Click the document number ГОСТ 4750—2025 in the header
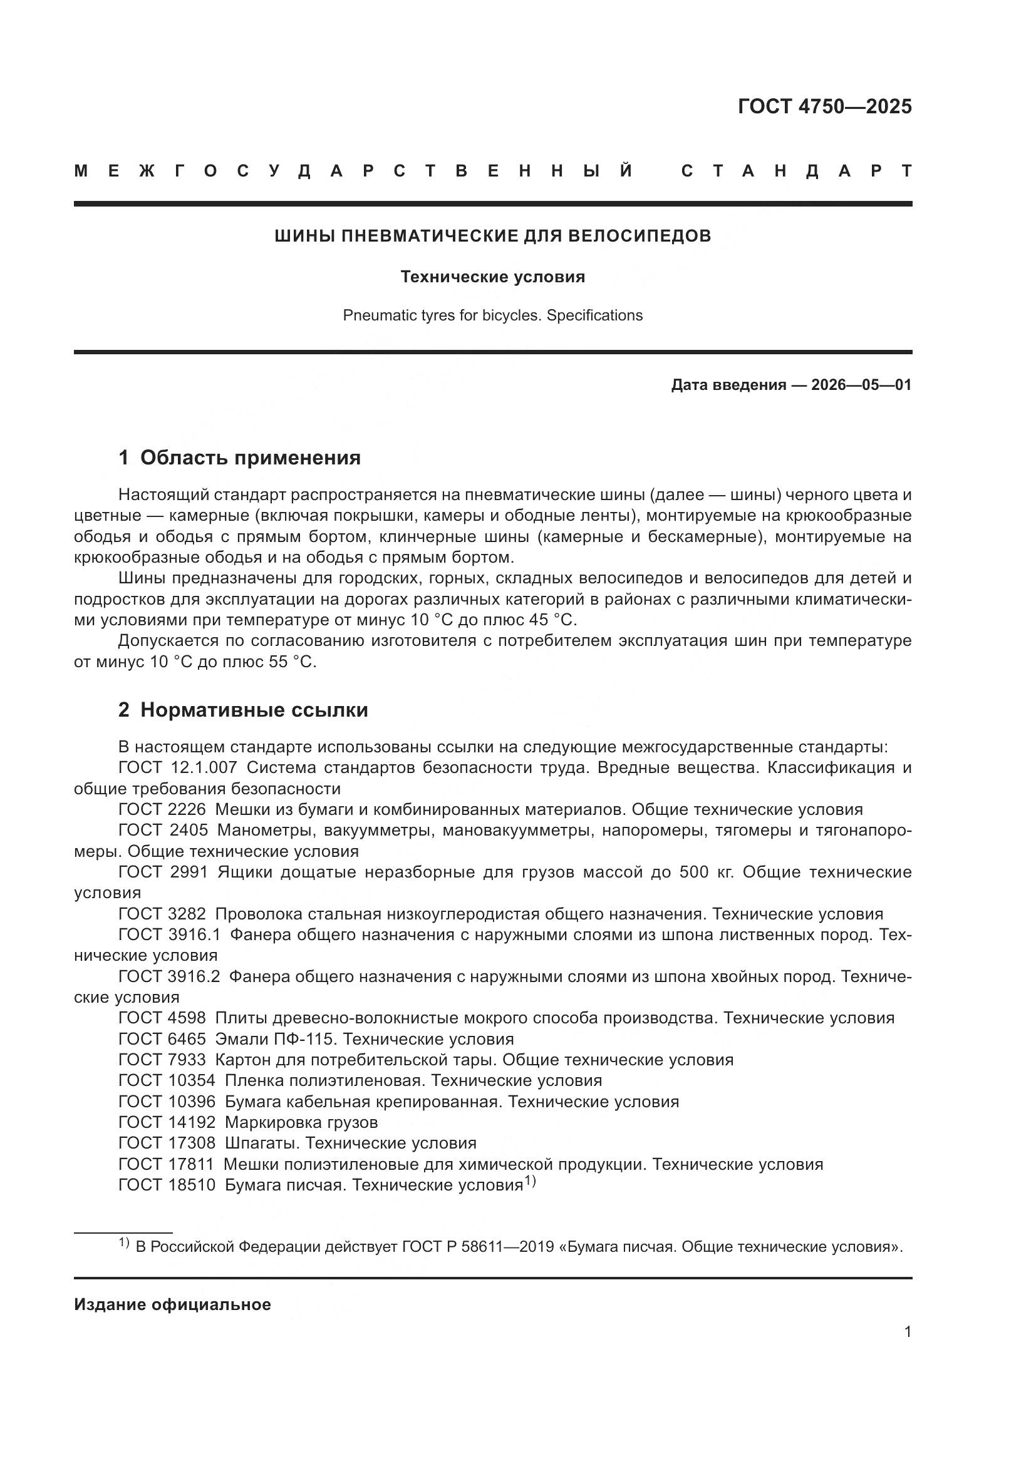click(x=824, y=106)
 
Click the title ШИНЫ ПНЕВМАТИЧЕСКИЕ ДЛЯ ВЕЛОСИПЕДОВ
click(x=492, y=236)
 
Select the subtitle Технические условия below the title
click(x=492, y=277)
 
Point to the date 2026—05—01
click(x=861, y=385)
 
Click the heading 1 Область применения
click(x=240, y=458)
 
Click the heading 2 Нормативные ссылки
click(x=243, y=710)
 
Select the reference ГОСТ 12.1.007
click(x=178, y=768)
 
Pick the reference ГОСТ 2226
click(x=162, y=810)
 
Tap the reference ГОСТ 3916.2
click(x=169, y=977)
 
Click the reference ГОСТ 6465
click(x=162, y=1040)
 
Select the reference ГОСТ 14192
click(x=167, y=1122)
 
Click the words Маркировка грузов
click(x=301, y=1122)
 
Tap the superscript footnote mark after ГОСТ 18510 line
click(x=530, y=1181)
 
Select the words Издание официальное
click(x=172, y=1304)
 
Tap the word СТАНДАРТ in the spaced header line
click(x=796, y=171)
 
